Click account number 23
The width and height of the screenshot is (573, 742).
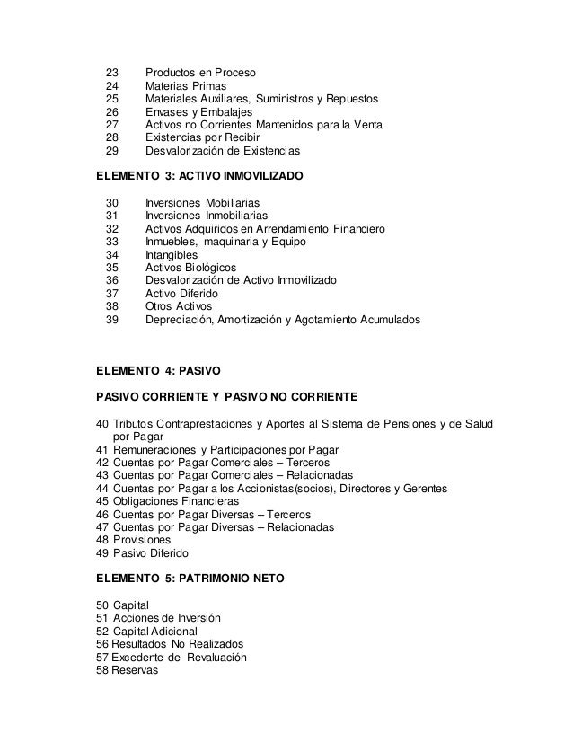click(111, 72)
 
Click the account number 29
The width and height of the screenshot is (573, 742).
click(111, 151)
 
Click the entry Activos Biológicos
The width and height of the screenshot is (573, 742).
click(190, 268)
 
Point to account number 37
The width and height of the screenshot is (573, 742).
click(111, 294)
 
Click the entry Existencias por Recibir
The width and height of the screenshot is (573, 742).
click(203, 137)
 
